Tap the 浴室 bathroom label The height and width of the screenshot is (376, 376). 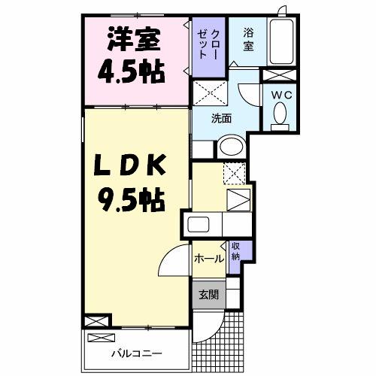click(x=248, y=40)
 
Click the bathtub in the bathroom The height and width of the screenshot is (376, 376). click(x=281, y=44)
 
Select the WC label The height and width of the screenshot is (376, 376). click(x=281, y=95)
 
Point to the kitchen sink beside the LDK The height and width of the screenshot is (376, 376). click(x=202, y=225)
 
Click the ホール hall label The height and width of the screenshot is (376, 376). click(x=208, y=259)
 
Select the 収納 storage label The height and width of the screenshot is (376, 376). click(x=235, y=252)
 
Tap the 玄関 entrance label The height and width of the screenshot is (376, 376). click(x=208, y=295)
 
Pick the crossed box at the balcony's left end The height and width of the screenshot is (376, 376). click(x=98, y=323)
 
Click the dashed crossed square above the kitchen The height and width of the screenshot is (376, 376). click(x=235, y=173)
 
